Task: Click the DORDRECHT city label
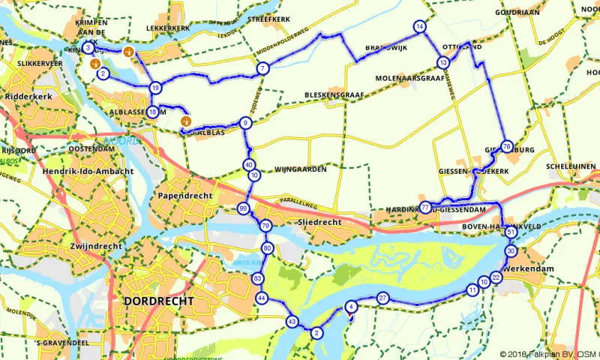click(155, 301)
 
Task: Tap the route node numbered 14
click(419, 27)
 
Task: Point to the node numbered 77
click(425, 207)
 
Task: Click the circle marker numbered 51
click(511, 233)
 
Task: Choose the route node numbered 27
click(382, 298)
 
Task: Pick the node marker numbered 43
click(292, 321)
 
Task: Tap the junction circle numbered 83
click(258, 279)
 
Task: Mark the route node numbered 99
click(243, 208)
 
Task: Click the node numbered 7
click(262, 69)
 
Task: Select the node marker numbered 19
click(155, 88)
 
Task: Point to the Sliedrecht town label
click(319, 223)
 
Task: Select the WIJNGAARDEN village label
click(301, 169)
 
